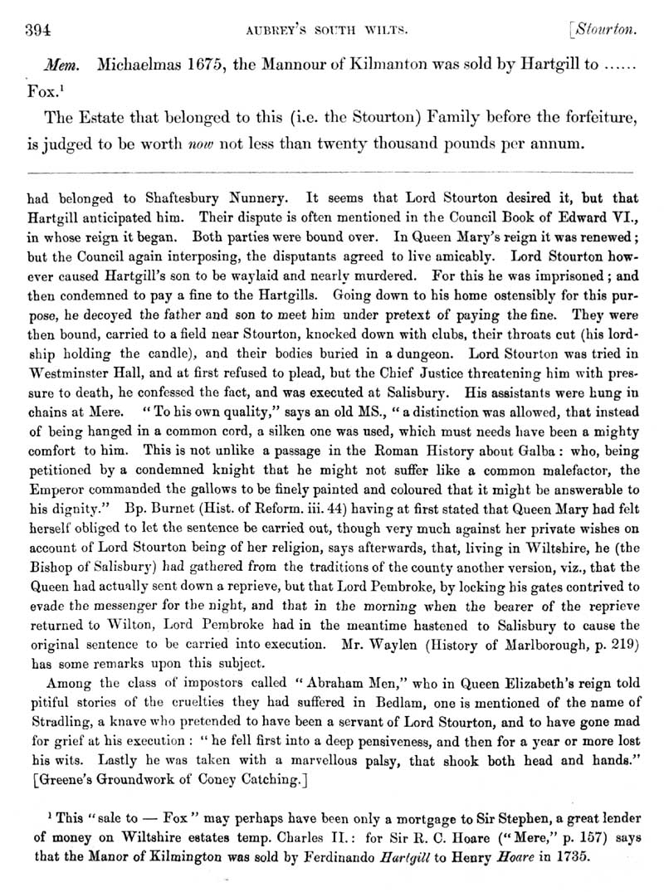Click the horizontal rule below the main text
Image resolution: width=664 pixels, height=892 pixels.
[332, 171]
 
